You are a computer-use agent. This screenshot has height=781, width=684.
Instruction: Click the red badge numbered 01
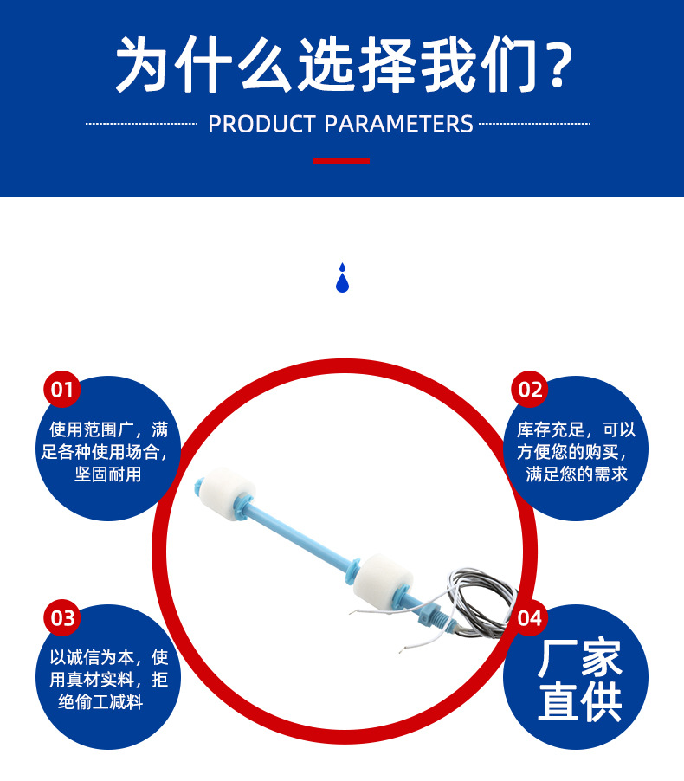click(62, 390)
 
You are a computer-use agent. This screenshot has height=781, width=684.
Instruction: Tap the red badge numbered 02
click(530, 390)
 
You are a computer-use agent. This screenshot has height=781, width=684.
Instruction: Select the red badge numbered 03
click(62, 618)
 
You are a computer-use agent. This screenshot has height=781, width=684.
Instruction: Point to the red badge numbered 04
click(530, 618)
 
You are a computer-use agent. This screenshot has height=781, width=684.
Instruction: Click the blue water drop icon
click(342, 278)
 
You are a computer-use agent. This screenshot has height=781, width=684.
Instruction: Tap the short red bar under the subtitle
click(341, 161)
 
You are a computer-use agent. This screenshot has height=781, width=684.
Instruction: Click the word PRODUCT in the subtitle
click(261, 124)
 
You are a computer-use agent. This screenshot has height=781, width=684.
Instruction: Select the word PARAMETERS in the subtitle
click(399, 124)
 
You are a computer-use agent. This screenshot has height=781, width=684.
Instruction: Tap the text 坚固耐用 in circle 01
click(107, 474)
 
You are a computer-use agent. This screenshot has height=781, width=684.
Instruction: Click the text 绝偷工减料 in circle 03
click(100, 702)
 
